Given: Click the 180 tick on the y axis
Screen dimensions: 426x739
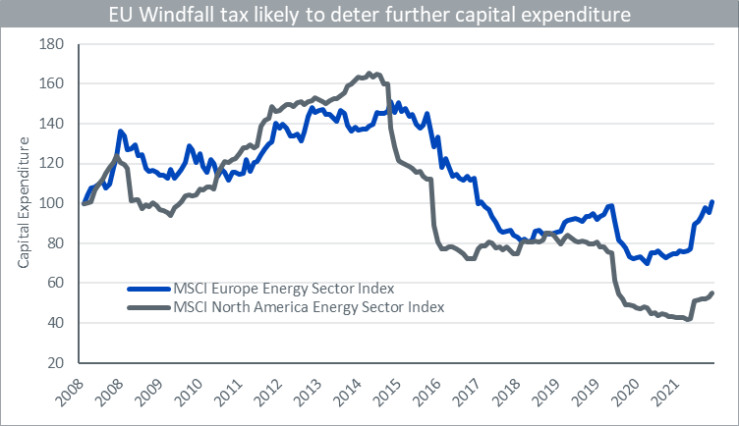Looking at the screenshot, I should [x=51, y=44].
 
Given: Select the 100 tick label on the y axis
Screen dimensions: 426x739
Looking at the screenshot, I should [x=51, y=203].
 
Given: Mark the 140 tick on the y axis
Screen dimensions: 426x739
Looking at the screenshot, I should [x=51, y=124].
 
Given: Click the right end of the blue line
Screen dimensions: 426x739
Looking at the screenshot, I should [x=711, y=202].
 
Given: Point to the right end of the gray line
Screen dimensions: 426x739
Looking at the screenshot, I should [x=711, y=293].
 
